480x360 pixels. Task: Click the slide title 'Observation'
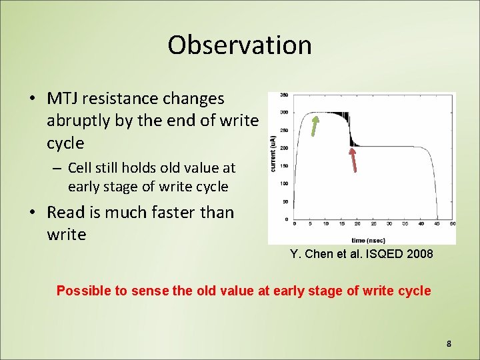pyautogui.click(x=239, y=45)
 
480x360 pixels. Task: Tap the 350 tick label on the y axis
pyautogui.click(x=284, y=94)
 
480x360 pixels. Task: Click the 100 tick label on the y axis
pyautogui.click(x=284, y=183)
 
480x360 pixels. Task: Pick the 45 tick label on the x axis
pyautogui.click(x=437, y=225)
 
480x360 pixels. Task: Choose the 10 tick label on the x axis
pyautogui.click(x=327, y=225)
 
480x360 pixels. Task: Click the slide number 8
pyautogui.click(x=449, y=343)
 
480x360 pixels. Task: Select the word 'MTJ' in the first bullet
pyautogui.click(x=62, y=99)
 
